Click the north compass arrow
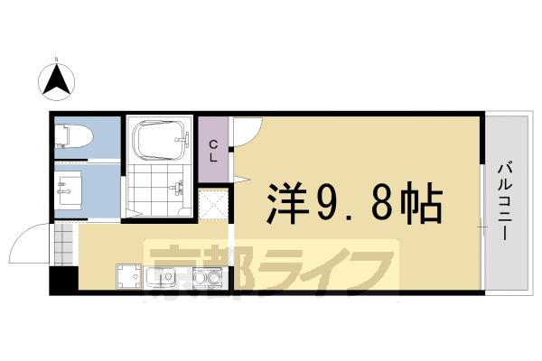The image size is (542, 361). [56, 82]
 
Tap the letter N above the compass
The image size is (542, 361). [56, 60]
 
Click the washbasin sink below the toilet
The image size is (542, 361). [68, 190]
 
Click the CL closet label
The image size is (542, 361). [213, 150]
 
